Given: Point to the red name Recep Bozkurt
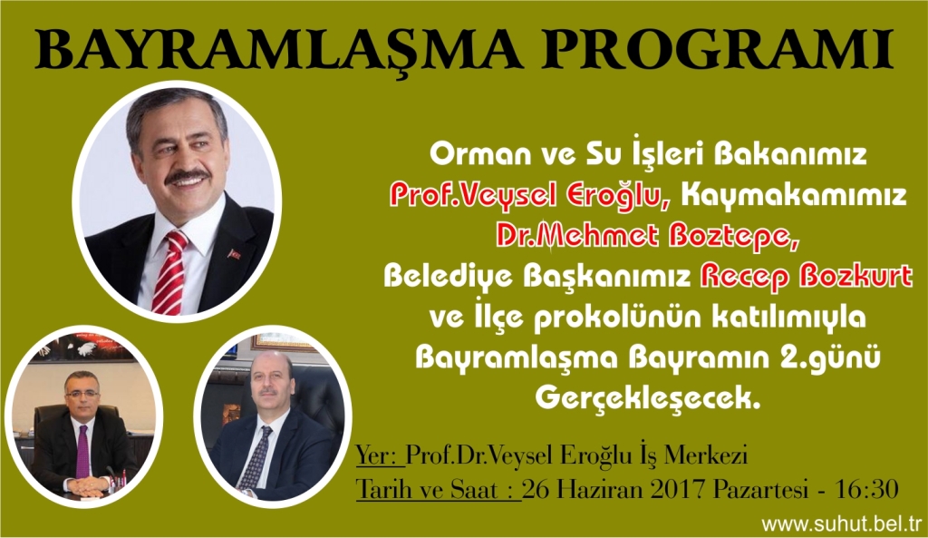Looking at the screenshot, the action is click(806, 276).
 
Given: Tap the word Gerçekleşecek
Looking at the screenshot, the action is click(647, 397).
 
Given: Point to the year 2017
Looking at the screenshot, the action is click(680, 490).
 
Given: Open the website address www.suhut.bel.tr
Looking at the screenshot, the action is click(842, 523).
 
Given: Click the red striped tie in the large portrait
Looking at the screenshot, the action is click(170, 271).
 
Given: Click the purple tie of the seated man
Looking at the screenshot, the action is click(82, 452).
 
